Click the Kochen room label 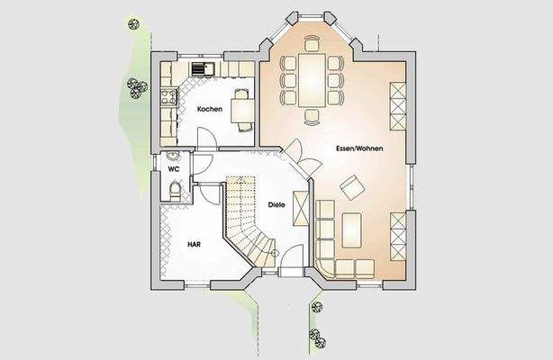[x=210, y=108]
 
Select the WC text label [x=172, y=168]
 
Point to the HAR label [x=194, y=244]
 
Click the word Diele [x=276, y=204]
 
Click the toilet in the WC [x=173, y=189]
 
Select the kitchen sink [x=203, y=68]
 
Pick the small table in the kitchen [x=242, y=109]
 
